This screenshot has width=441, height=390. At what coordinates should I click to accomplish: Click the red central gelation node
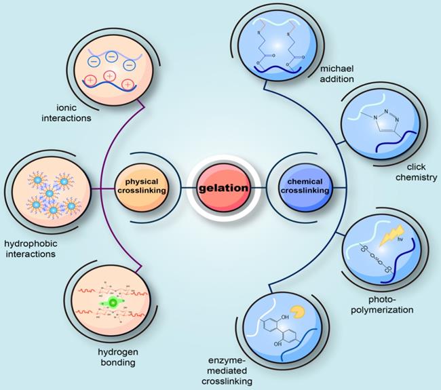pyautogui.click(x=220, y=186)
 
